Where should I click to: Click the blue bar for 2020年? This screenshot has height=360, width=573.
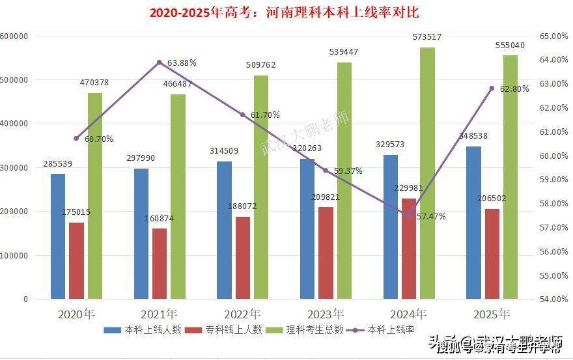pos(58,236)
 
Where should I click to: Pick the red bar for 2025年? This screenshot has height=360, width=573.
pos(492,254)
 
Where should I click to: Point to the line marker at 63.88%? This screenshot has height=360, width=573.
pos(160,62)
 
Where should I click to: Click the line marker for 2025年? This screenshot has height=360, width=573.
pos(492,89)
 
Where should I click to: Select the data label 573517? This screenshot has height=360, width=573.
pos(427,37)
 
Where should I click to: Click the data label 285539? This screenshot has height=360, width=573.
pos(58,163)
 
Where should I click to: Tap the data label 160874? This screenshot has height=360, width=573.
pos(159,218)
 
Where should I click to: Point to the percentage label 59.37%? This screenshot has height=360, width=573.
pos(347,171)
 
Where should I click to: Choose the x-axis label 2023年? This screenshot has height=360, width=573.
pos(326,314)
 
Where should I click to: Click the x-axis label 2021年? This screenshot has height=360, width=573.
pos(160,314)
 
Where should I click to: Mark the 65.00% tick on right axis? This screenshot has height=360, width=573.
pos(553,36)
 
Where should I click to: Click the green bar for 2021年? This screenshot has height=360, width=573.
pos(178,197)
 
